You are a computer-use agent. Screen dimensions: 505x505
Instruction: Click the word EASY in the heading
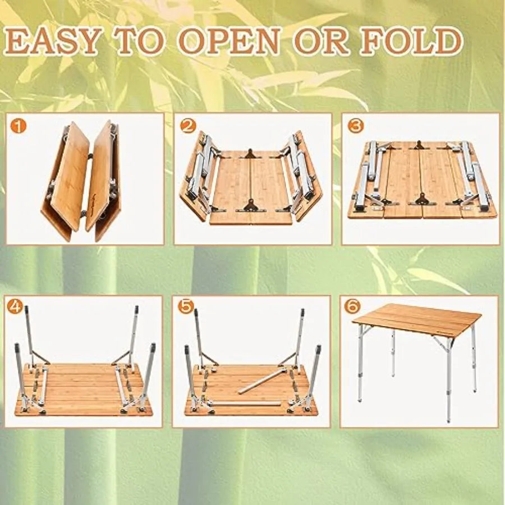click(55, 42)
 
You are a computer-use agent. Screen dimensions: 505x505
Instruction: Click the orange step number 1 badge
click(19, 127)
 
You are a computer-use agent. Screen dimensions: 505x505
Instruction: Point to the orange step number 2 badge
click(188, 127)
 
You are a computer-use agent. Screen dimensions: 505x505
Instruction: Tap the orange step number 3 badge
click(355, 127)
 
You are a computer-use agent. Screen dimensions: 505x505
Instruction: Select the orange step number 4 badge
click(17, 307)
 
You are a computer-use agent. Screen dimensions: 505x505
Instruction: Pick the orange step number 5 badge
click(185, 307)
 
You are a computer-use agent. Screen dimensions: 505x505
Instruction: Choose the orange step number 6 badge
click(352, 307)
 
